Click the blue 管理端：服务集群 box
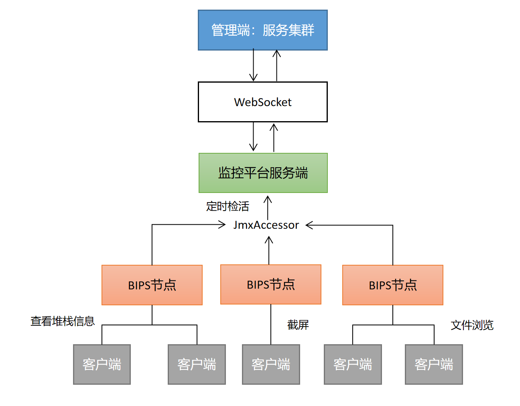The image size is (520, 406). [262, 30]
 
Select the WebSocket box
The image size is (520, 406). [262, 102]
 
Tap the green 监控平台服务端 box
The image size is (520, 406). [263, 173]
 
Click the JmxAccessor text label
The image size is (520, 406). [266, 225]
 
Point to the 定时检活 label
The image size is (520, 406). [227, 206]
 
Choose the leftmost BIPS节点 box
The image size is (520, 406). [152, 285]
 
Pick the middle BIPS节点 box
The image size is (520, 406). [270, 284]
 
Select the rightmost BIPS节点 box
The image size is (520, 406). [392, 285]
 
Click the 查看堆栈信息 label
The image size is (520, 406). [63, 321]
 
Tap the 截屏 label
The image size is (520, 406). [298, 325]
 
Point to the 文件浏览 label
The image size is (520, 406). [472, 325]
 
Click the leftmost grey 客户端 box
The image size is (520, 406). [102, 364]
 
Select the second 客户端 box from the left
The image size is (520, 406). [197, 364]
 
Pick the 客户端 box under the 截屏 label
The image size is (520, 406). [271, 364]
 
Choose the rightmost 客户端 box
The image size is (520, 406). [434, 364]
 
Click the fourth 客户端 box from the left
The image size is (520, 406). [353, 364]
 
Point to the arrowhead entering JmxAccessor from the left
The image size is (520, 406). [222, 225]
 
